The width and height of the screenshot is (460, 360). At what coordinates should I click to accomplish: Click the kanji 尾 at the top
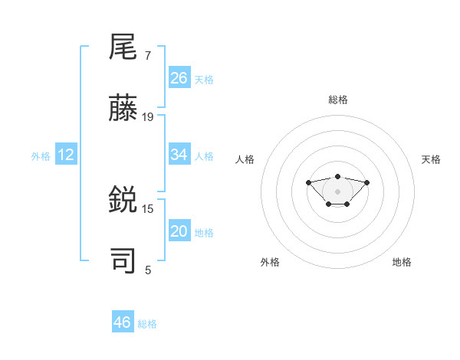click(x=123, y=47)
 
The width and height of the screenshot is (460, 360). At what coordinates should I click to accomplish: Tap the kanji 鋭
click(x=123, y=200)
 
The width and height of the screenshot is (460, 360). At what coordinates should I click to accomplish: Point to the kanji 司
click(x=123, y=260)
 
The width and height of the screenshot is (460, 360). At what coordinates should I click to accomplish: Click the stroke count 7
click(x=148, y=56)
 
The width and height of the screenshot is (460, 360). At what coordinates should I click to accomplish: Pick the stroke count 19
click(x=148, y=117)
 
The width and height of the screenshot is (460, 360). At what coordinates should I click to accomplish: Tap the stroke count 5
click(x=148, y=270)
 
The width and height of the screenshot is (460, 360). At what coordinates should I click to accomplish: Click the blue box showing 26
click(x=179, y=78)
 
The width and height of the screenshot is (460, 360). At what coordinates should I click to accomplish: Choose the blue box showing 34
click(x=179, y=155)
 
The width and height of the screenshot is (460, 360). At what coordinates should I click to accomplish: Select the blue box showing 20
click(x=179, y=231)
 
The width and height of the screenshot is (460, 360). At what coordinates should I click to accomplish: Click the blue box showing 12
click(x=66, y=155)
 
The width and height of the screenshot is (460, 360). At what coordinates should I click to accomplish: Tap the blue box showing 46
click(x=123, y=322)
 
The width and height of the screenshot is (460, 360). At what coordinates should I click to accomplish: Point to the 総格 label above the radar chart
click(x=338, y=100)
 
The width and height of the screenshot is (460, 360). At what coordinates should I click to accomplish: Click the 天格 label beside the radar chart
click(x=431, y=159)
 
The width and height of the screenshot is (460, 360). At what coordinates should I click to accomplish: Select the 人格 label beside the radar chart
click(x=245, y=159)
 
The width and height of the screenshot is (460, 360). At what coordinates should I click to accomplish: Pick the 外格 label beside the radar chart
click(x=270, y=262)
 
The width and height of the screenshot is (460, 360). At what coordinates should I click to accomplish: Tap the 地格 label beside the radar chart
click(x=402, y=262)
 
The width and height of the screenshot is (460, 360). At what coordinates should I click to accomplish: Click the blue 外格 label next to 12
click(x=41, y=156)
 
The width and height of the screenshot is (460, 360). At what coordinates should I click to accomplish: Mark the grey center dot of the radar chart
click(x=337, y=191)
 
